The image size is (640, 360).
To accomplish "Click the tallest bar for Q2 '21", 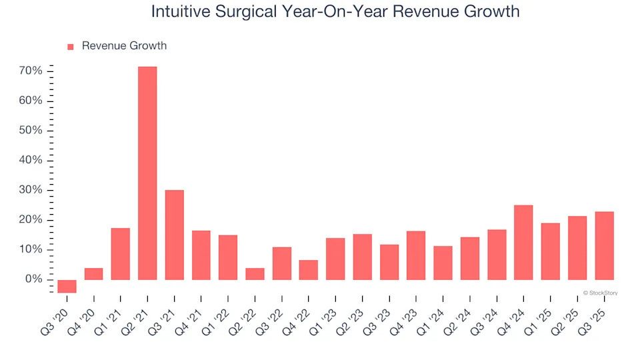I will click(147, 173).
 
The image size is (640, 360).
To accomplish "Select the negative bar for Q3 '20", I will click(67, 286).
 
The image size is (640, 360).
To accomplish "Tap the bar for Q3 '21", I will click(174, 235).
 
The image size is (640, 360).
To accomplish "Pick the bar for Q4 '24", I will click(523, 242).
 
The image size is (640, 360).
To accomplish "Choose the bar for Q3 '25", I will click(604, 245).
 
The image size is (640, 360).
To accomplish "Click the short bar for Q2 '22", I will click(255, 273).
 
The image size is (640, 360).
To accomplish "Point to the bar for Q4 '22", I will click(309, 269).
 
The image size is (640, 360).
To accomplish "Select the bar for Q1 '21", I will click(121, 253).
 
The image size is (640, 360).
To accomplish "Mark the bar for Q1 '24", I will click(443, 263).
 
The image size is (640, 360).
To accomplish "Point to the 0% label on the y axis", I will click(34, 279).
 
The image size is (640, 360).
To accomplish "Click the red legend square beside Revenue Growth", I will click(71, 47).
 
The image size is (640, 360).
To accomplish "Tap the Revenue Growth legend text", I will click(124, 46).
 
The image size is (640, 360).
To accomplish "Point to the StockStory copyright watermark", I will click(600, 293).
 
